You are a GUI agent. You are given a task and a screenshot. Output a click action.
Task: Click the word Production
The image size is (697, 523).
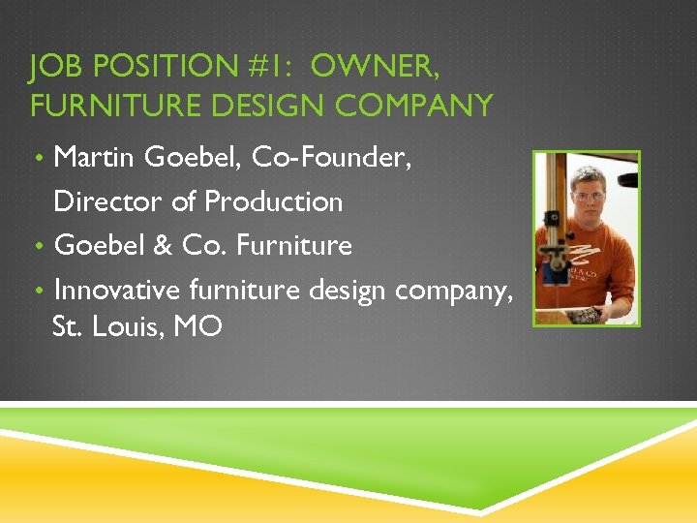274,201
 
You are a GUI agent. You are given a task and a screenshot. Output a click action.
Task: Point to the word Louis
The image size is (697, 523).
131,326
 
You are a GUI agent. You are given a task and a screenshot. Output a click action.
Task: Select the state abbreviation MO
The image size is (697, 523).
198,326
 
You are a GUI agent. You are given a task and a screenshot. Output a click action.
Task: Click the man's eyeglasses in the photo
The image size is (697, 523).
589,197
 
